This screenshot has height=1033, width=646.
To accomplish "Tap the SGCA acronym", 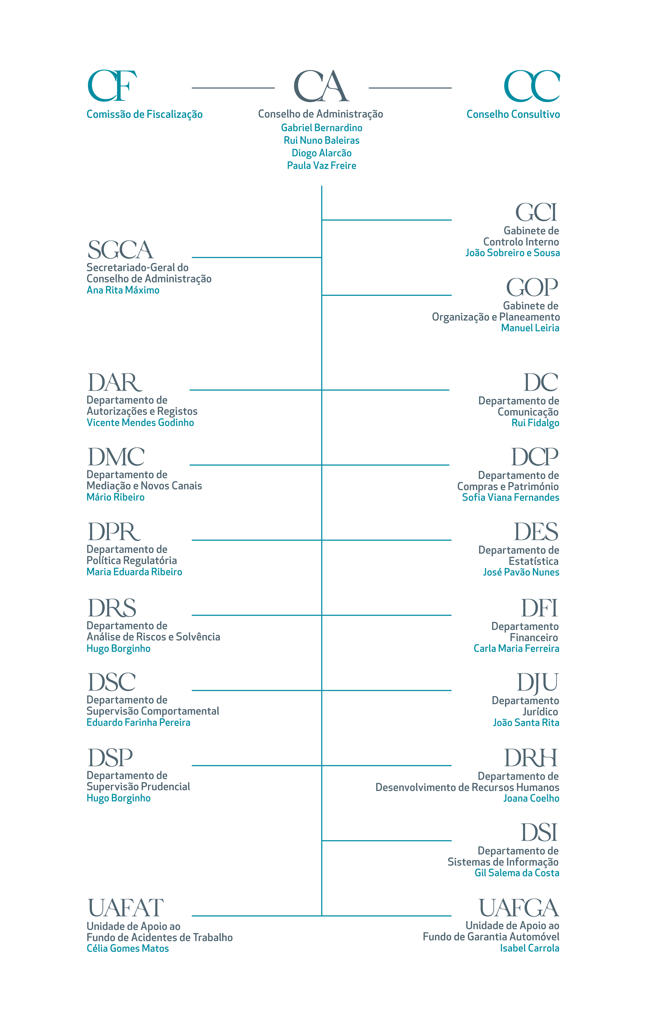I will tap(120, 250).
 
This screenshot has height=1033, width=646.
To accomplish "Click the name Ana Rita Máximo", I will tap(123, 290).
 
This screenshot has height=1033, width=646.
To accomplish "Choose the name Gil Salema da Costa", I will tap(517, 873).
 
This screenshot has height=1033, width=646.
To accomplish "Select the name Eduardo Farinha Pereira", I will tap(138, 722).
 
